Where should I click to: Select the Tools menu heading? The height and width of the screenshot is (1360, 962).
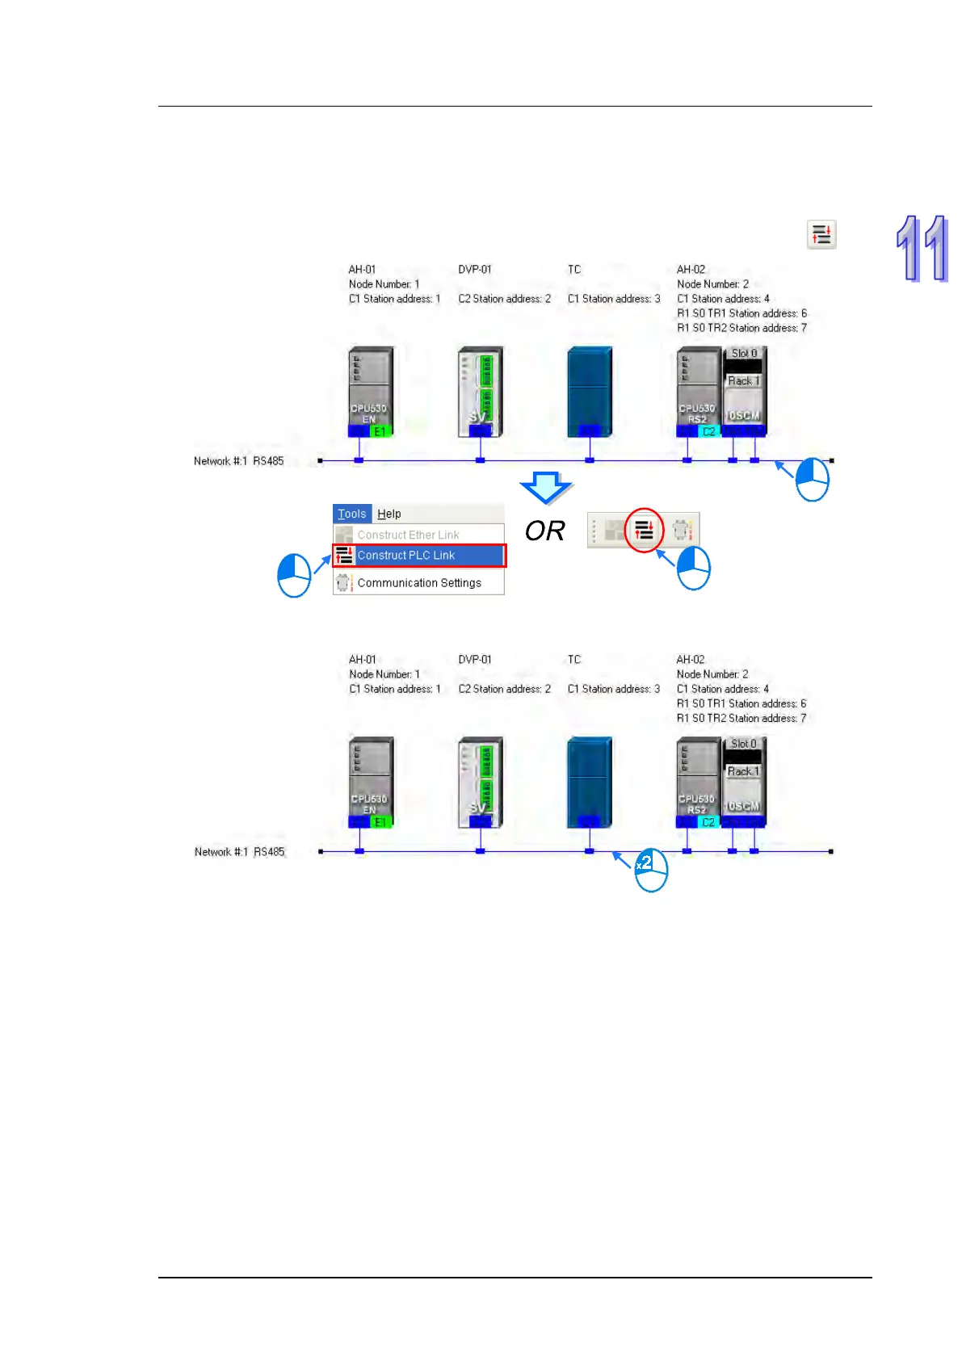[x=351, y=514]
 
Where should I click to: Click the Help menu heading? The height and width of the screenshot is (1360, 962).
[x=389, y=514]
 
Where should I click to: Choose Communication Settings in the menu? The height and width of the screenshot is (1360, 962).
[x=418, y=583]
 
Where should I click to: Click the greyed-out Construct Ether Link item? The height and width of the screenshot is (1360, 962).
[x=408, y=535]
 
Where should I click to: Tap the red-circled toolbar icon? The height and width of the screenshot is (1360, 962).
[x=644, y=531]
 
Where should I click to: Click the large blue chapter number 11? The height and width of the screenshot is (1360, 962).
[x=922, y=249]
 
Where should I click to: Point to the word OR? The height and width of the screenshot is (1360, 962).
[x=544, y=531]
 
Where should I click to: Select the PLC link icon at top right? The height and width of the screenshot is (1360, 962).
[x=821, y=235]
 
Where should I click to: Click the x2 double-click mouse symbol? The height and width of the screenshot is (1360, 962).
[x=651, y=870]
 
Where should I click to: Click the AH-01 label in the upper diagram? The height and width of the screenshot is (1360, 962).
[x=362, y=270]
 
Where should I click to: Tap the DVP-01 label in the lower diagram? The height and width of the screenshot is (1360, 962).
[x=475, y=660]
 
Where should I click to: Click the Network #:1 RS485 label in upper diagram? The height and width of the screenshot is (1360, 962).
[x=239, y=461]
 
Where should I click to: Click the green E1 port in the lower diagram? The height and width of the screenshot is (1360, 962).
[x=380, y=822]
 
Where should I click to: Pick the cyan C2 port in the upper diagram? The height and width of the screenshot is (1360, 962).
[x=708, y=431]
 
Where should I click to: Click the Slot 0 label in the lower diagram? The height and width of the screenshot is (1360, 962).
[x=743, y=744]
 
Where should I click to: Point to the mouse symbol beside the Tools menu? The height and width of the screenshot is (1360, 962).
[x=294, y=576]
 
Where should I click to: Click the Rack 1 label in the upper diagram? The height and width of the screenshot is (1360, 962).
[x=743, y=381]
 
